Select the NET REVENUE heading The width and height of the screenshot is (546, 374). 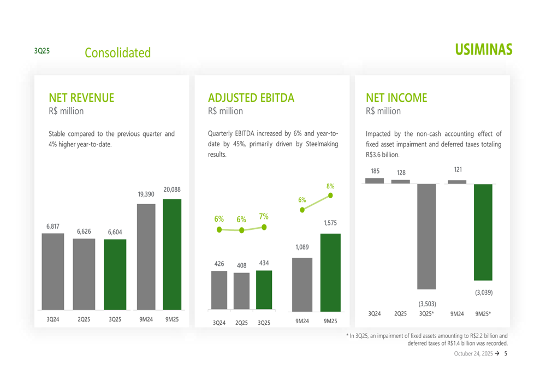click(81, 98)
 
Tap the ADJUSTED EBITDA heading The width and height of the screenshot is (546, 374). click(251, 98)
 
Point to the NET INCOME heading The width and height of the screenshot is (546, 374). click(396, 98)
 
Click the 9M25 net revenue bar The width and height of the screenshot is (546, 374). click(172, 254)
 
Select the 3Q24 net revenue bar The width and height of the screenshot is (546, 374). click(53, 272)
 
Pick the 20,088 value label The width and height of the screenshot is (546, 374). click(172, 189)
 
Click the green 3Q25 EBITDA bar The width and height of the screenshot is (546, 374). click(264, 290)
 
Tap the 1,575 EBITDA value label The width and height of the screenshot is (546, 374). click(330, 223)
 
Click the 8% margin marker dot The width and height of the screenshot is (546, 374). click(330, 195)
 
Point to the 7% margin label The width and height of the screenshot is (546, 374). click(264, 217)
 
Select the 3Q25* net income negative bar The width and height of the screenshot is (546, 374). click(427, 236)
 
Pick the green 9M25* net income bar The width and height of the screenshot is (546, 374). click(483, 232)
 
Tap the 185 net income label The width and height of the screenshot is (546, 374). click(375, 171)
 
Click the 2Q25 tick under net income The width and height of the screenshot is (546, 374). click(401, 314)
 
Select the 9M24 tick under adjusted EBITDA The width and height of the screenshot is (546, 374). click(302, 322)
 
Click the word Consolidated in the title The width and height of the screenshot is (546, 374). click(117, 53)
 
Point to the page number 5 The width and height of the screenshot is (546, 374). click(506, 354)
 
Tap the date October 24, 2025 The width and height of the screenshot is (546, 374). click(473, 354)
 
